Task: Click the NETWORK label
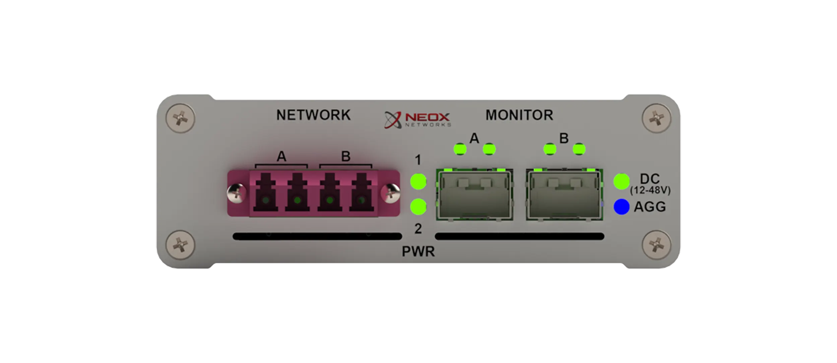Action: tap(313, 115)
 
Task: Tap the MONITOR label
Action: tap(519, 115)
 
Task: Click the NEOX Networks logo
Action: tap(417, 120)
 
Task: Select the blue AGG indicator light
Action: tap(621, 207)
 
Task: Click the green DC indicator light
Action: tap(621, 182)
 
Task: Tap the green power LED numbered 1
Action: tap(418, 182)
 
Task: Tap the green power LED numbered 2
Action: tap(418, 207)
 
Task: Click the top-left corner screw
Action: tap(180, 118)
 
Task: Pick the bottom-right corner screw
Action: tap(656, 245)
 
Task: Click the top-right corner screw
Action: tap(656, 118)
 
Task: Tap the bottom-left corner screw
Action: tap(180, 245)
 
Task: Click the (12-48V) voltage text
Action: tap(650, 191)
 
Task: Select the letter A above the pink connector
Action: tap(281, 156)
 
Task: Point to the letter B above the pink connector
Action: tap(345, 156)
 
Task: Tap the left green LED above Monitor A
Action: tap(460, 149)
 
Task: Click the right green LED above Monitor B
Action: tap(579, 149)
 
